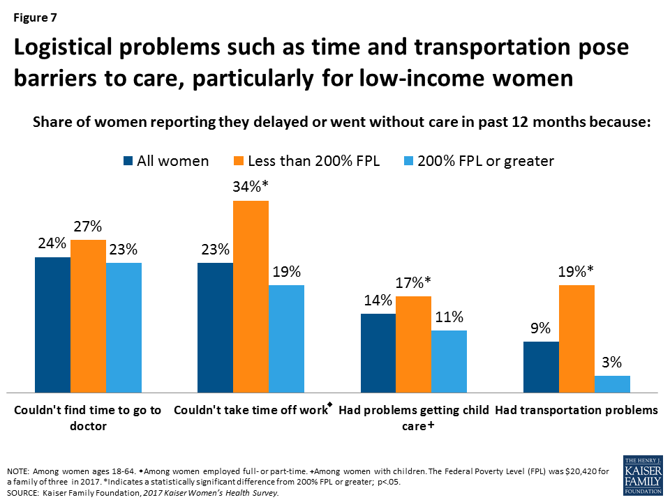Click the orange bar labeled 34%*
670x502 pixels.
[251, 296]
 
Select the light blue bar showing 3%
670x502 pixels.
[612, 384]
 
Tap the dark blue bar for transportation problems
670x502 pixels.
[541, 367]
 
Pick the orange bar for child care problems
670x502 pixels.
[413, 344]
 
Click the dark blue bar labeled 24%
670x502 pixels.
[52, 325]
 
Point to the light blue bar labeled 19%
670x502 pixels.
[286, 339]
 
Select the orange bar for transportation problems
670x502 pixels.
[576, 339]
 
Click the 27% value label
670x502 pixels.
[88, 227]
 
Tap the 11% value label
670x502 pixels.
[448, 317]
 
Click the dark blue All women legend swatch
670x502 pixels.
[128, 161]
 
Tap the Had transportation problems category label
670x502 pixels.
[576, 410]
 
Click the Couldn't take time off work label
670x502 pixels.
[249, 410]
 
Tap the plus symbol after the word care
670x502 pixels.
[431, 426]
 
